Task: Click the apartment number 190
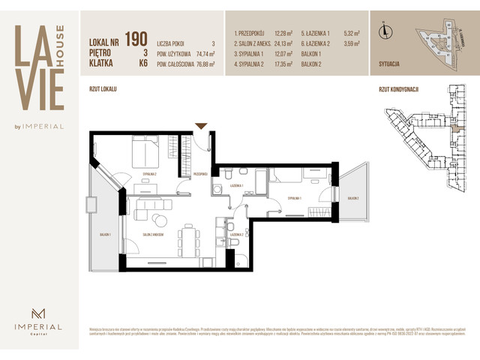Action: pyautogui.click(x=136, y=38)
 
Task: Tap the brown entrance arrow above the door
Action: pyautogui.click(x=201, y=126)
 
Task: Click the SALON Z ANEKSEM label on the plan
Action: pyautogui.click(x=152, y=235)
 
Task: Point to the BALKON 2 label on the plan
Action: pyautogui.click(x=352, y=198)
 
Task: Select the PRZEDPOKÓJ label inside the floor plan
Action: pyautogui.click(x=199, y=174)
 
